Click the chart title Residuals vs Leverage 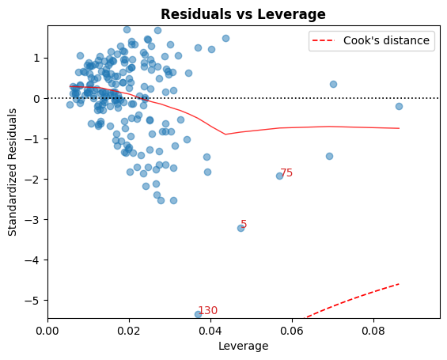(243, 14)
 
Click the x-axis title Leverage (243, 346)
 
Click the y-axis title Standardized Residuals (13, 172)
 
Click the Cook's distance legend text (392, 40)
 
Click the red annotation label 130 (207, 310)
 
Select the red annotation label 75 (286, 172)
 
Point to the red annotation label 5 (244, 224)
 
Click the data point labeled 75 (279, 176)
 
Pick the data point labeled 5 (241, 228)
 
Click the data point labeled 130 (198, 314)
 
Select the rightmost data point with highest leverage (399, 106)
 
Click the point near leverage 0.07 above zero (333, 84)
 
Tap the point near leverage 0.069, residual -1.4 (329, 156)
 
